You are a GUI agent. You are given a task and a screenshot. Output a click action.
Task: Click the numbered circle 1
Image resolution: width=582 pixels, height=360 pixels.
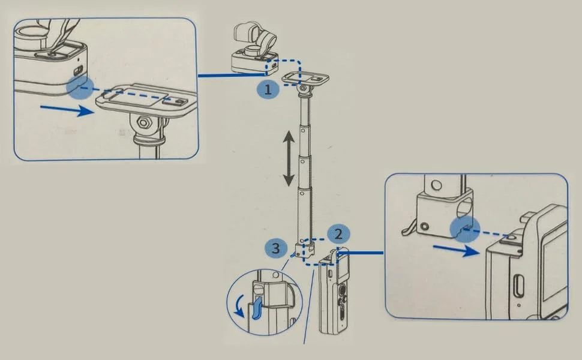(x=268, y=89)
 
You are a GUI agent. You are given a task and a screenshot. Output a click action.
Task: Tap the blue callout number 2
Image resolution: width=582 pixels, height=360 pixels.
(x=338, y=235)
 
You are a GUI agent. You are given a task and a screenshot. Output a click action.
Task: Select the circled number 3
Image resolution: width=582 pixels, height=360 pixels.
(x=276, y=248)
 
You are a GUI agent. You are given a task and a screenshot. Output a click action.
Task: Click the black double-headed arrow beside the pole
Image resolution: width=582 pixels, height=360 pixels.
(x=289, y=158)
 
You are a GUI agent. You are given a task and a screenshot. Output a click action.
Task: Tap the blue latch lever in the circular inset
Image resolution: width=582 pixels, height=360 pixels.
(x=257, y=308)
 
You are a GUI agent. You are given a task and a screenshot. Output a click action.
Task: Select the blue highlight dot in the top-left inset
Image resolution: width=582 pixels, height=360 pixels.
(x=80, y=88)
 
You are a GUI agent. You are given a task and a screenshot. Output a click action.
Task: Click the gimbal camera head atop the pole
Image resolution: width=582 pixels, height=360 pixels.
(x=254, y=48)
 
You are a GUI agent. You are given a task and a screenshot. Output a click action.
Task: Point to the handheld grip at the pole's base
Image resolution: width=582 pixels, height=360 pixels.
(x=334, y=291)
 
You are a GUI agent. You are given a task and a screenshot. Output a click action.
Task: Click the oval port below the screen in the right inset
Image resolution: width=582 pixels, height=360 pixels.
(x=520, y=286)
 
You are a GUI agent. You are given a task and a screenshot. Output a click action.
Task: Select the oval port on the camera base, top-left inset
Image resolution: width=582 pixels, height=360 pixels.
(x=79, y=71)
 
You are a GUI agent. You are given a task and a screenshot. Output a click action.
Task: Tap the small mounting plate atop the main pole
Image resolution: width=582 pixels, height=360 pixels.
(x=305, y=79)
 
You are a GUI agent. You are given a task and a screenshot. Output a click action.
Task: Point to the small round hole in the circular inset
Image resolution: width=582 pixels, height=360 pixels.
(x=275, y=275)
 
